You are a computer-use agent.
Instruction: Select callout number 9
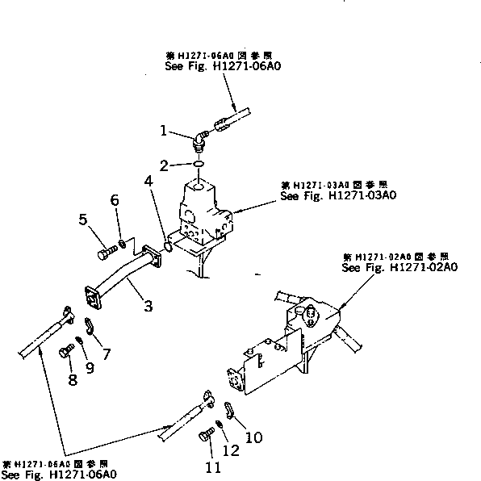point(90,368)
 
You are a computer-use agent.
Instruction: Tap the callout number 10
point(253,437)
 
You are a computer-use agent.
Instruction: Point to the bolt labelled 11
point(203,437)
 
